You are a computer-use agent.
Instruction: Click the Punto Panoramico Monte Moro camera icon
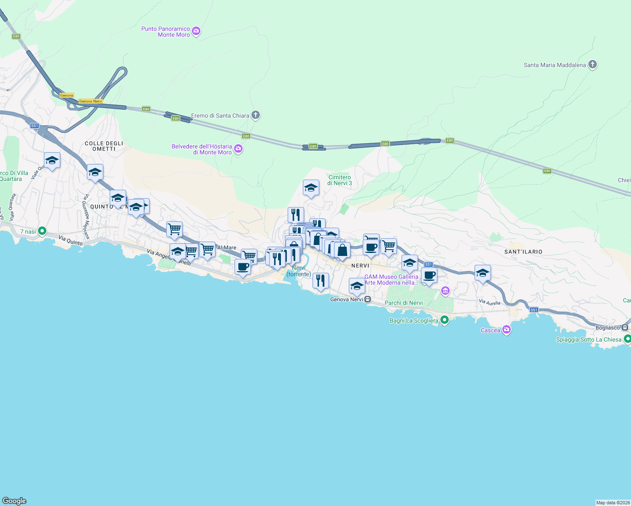[x=196, y=31]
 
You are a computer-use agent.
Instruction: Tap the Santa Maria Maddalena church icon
[x=593, y=65]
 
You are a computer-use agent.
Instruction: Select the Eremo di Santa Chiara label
[x=220, y=116]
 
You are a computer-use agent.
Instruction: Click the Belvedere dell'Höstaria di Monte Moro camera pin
[x=238, y=149]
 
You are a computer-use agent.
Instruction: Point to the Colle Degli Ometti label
[x=104, y=146]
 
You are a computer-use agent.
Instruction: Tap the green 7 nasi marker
[x=42, y=231]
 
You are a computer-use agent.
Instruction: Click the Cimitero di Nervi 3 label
[x=340, y=180]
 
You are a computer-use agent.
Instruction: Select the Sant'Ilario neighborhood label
[x=523, y=252]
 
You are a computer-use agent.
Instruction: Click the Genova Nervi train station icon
[x=368, y=299]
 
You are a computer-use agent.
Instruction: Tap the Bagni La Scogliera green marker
[x=444, y=320]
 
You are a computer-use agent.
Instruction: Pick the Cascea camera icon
[x=507, y=330]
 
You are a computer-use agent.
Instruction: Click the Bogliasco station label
[x=608, y=328]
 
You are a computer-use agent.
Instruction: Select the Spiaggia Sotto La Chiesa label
[x=589, y=339]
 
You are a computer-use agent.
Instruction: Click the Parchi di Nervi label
[x=403, y=303]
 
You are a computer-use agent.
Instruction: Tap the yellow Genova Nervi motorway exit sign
[x=91, y=101]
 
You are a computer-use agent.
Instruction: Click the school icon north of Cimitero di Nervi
[x=311, y=188]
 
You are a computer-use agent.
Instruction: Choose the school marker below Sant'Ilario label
[x=482, y=273]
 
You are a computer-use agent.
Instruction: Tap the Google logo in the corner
[x=14, y=501]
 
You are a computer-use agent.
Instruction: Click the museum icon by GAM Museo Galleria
[x=445, y=291]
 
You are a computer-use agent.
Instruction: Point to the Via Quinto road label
[x=70, y=241]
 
